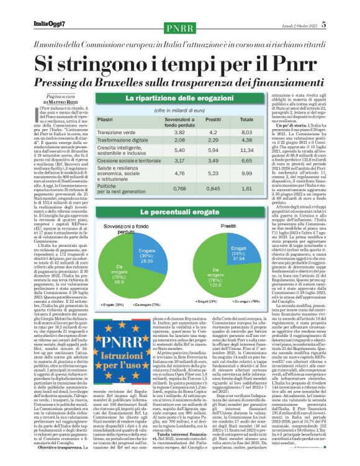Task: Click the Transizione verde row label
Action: (x=119, y=132)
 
